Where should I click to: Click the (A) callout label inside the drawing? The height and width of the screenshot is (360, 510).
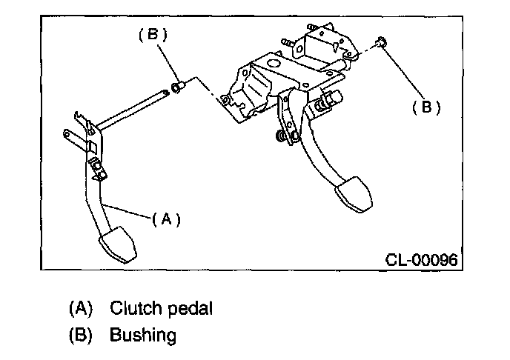pos(166,219)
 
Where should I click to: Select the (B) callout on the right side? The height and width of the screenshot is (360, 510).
pos(426,107)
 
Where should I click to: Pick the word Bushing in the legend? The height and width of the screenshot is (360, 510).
pos(143,335)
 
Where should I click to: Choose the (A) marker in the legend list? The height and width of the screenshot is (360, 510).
pos(82,307)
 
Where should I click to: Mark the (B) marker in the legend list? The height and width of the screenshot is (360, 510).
pos(82,335)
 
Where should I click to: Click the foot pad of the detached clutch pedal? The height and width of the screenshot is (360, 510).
pos(117,244)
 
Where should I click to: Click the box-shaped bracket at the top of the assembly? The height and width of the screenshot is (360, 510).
pos(318,45)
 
